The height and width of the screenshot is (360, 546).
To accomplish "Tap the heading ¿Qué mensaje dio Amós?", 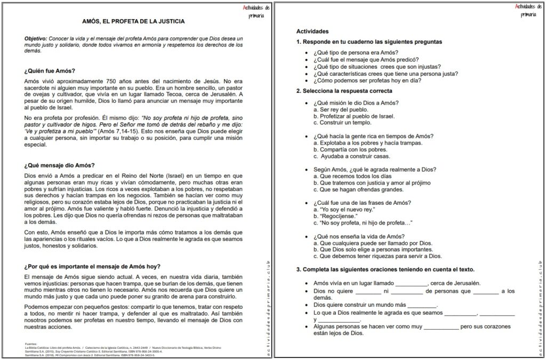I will pos(59,165).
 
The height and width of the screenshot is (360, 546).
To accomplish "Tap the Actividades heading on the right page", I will pos(312,31).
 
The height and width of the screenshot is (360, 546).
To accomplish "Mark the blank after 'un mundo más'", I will pos(422,305).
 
